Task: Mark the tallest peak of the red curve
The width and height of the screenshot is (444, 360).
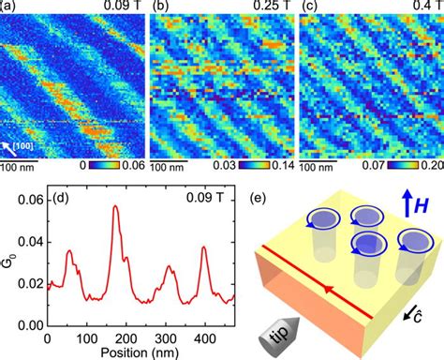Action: pos(116,206)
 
